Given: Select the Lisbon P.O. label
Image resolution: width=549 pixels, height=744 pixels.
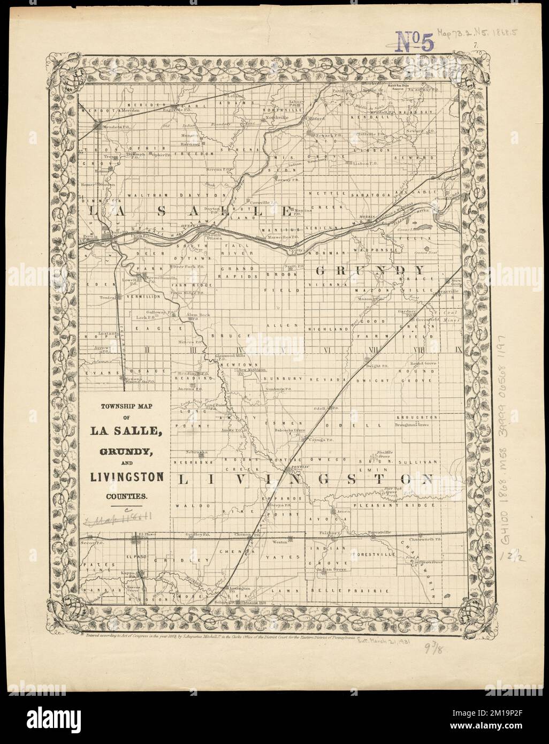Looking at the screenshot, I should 365,164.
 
